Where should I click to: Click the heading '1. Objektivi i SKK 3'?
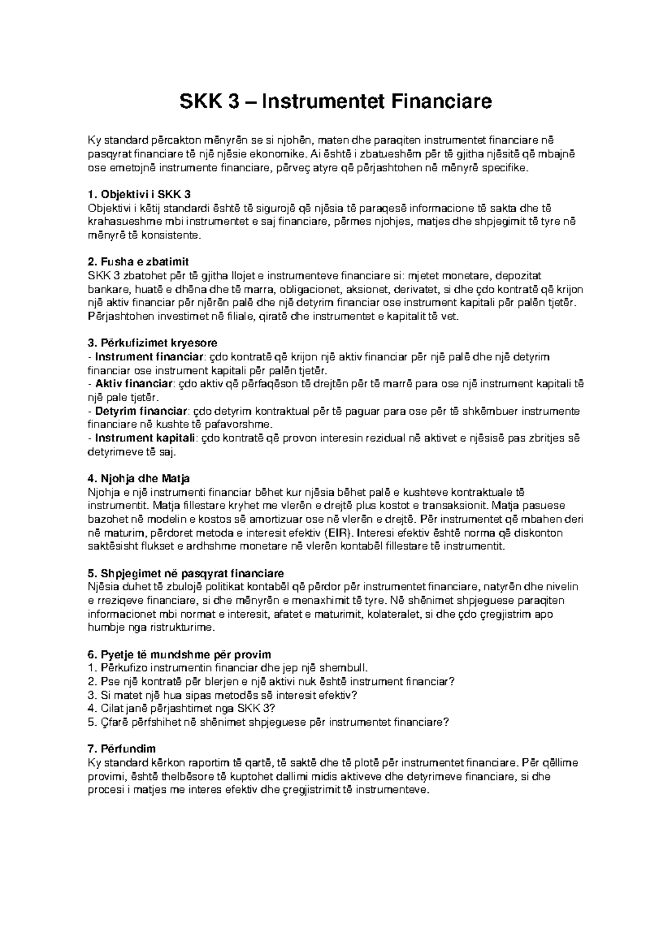coord(139,195)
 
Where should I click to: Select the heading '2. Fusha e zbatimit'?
coord(138,262)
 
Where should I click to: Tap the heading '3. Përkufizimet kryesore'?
coord(153,342)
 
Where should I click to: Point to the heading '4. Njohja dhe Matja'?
coord(139,478)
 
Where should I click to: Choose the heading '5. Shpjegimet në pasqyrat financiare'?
coord(186,574)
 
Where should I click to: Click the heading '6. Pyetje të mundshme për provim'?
coord(179,655)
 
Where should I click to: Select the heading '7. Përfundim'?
coord(122,749)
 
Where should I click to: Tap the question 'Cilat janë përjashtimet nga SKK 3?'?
coord(183,708)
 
